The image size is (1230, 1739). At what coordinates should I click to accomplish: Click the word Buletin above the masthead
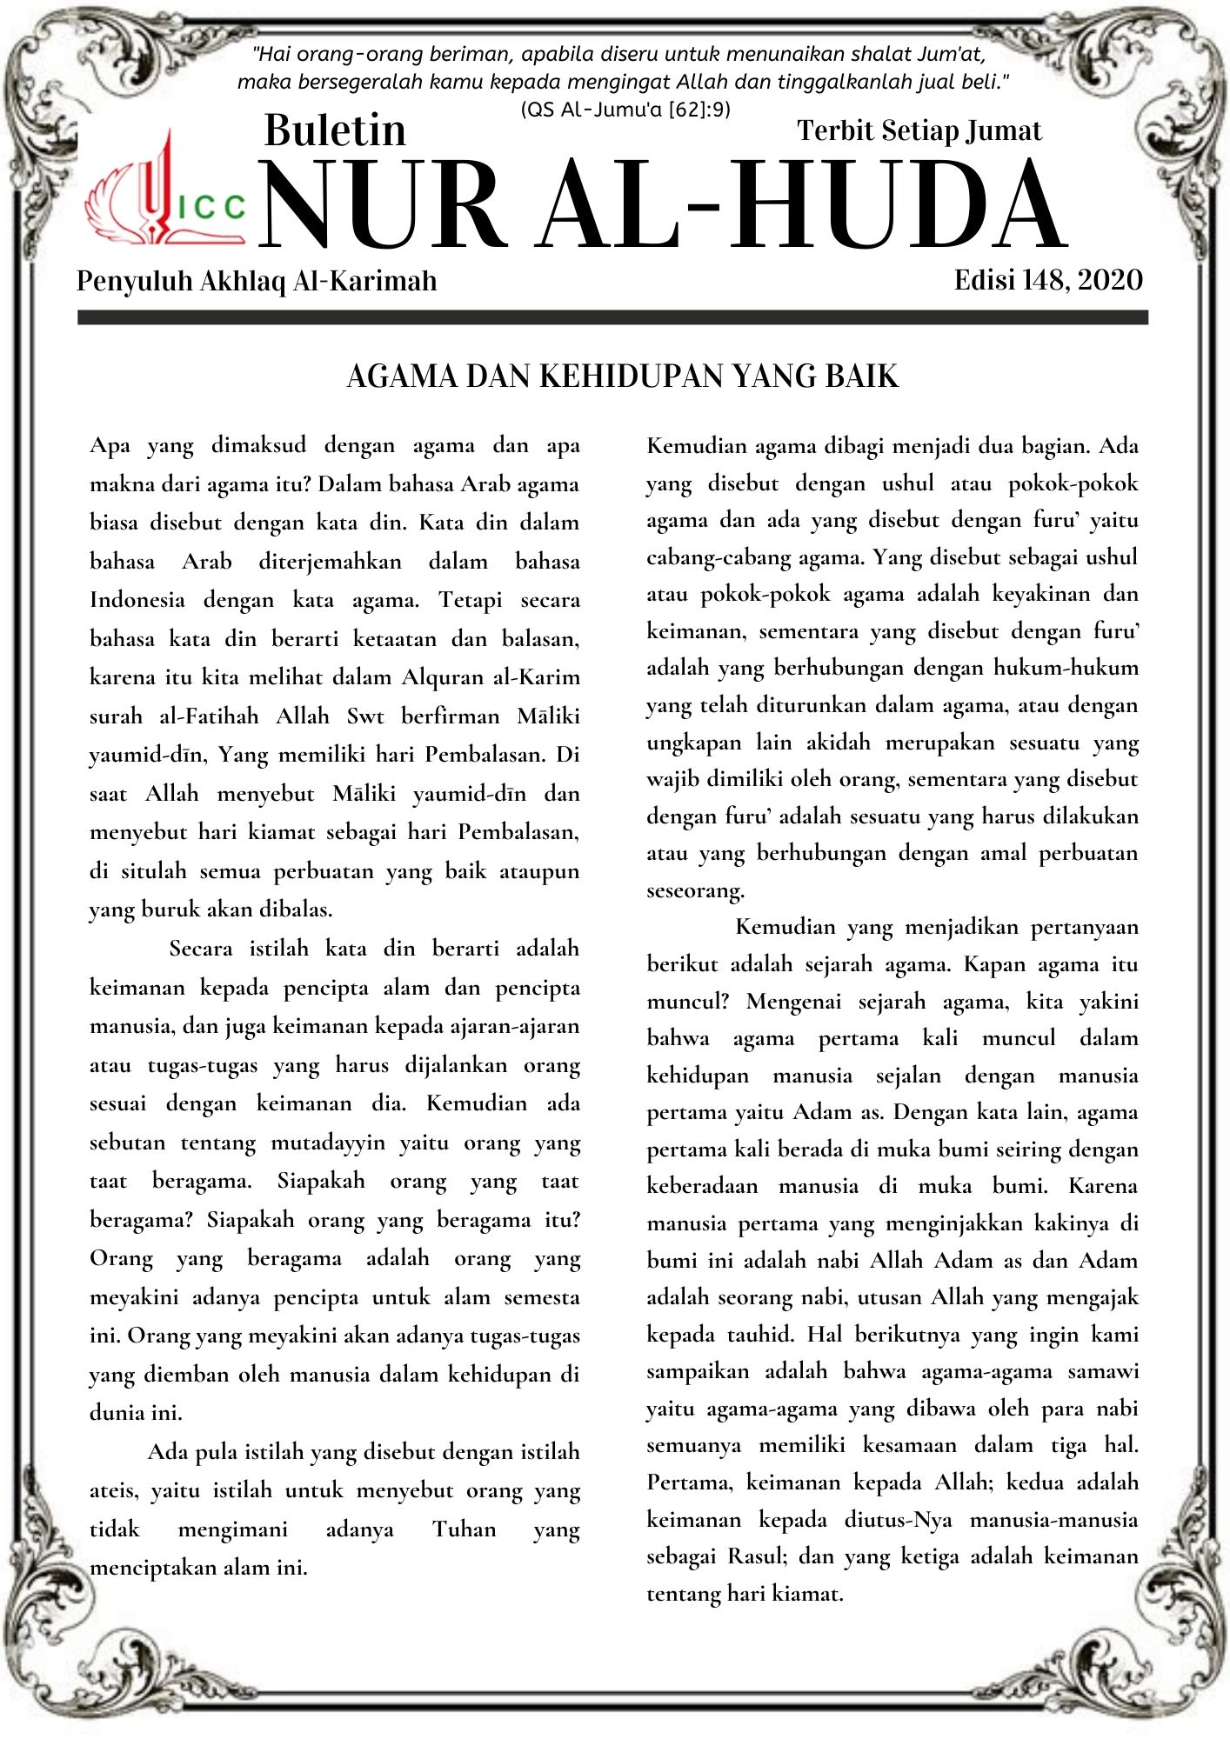point(335,130)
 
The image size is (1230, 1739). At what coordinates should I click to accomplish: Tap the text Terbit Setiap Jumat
point(919,130)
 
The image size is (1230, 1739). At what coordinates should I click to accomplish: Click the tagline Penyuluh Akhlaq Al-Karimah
point(257,281)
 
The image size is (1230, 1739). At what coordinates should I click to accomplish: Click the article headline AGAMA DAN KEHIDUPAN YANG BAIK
point(622,376)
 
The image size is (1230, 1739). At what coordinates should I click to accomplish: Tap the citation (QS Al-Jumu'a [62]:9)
point(625,110)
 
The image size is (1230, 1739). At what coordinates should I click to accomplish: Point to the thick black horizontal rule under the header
point(612,318)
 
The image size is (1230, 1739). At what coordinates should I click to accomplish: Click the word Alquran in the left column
point(443,677)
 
